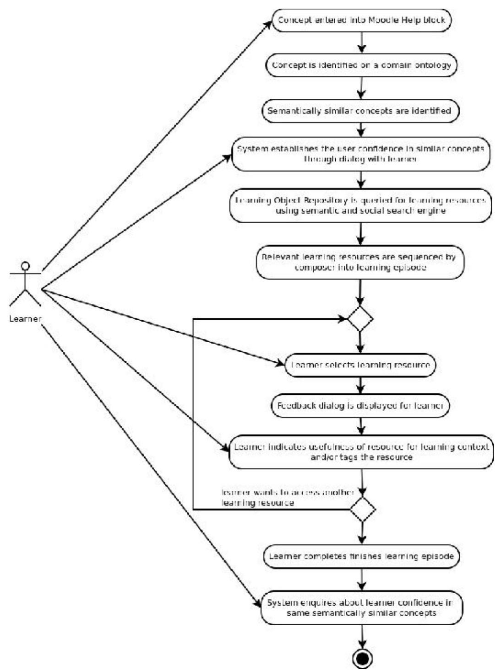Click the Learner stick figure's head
(x=26, y=266)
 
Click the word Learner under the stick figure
(x=25, y=319)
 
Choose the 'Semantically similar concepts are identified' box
(x=359, y=111)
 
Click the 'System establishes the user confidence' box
(x=361, y=154)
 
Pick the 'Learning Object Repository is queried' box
(x=360, y=205)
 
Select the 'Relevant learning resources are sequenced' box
(x=359, y=262)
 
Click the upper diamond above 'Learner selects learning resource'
(x=360, y=319)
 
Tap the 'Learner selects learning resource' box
(x=360, y=365)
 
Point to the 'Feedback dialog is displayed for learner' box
(x=360, y=406)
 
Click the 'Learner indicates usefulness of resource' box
(x=361, y=452)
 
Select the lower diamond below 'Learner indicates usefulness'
(x=363, y=509)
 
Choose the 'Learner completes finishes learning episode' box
(x=361, y=557)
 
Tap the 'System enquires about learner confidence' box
(x=361, y=608)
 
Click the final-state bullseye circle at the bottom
(x=363, y=659)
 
